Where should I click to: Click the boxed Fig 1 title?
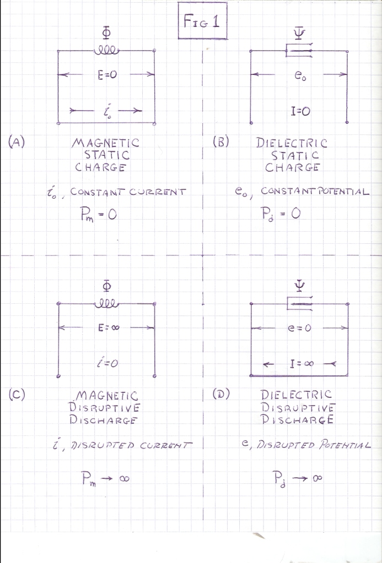tap(202, 20)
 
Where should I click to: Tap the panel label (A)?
tap(17, 142)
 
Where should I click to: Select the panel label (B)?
tap(220, 142)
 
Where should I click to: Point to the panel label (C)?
tap(17, 394)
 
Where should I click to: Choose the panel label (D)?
tap(221, 394)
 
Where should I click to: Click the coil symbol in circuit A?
tap(106, 51)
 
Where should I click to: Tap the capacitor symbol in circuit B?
tap(299, 50)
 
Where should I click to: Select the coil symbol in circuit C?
tap(106, 304)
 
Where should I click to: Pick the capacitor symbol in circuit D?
tap(300, 303)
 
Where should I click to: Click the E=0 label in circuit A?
tap(107, 75)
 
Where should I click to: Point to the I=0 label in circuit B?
tap(300, 111)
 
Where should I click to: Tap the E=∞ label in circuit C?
tap(109, 327)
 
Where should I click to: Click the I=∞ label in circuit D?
tap(302, 364)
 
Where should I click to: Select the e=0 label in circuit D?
tap(300, 328)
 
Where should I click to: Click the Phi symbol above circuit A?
tap(106, 34)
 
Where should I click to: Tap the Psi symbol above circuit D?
tap(299, 286)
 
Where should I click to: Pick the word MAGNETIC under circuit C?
tap(107, 395)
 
